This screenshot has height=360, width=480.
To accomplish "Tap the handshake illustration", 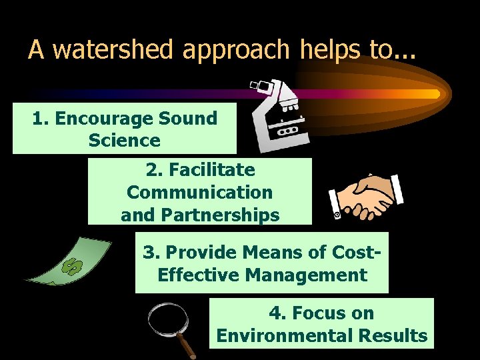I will point(365,197).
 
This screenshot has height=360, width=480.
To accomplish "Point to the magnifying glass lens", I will point(167,319).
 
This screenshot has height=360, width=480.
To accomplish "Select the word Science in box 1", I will point(124,141).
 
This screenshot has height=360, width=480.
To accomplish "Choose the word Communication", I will point(199,193).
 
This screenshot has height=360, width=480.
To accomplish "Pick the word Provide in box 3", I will point(198,253).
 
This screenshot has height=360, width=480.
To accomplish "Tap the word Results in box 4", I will point(393,335).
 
